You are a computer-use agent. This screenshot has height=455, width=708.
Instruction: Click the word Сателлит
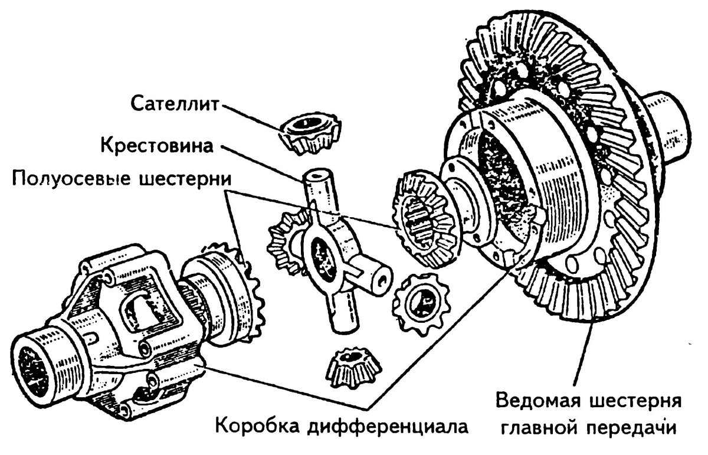[175, 104]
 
